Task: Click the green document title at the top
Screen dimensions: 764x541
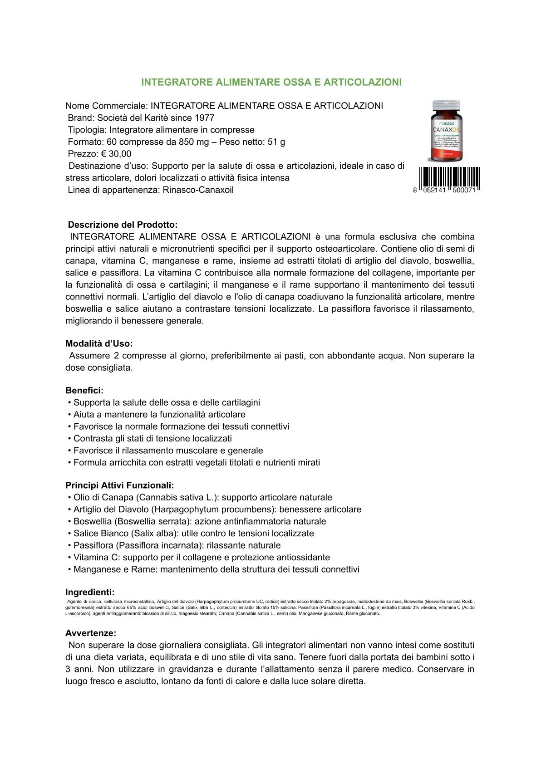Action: click(271, 82)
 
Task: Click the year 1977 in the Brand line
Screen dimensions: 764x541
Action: click(204, 118)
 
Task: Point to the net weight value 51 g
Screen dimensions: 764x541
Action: click(276, 142)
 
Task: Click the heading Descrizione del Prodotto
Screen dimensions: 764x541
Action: click(123, 225)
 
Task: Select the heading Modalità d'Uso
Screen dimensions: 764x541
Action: click(99, 343)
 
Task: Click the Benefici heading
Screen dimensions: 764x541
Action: click(84, 390)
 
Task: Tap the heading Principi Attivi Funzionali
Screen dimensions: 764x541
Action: click(119, 485)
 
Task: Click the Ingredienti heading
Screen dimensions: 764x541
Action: click(90, 592)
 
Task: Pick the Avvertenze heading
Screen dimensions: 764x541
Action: click(91, 633)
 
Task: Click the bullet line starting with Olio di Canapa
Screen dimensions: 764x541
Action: click(202, 497)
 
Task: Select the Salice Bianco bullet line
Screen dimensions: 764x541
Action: click(193, 534)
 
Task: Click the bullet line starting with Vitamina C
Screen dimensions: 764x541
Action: click(202, 558)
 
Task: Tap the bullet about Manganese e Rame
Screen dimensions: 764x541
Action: click(216, 569)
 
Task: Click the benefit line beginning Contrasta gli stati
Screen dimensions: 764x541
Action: click(152, 438)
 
